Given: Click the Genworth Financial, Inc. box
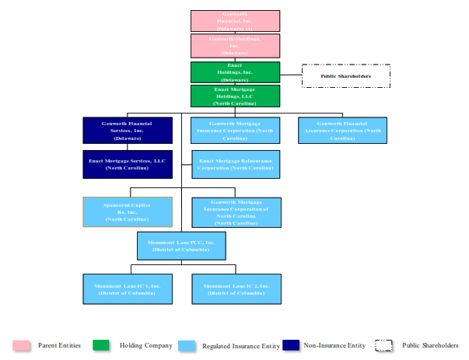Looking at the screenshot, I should [235, 21].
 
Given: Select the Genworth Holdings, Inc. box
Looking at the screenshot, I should [235, 45].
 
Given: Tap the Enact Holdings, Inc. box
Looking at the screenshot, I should [235, 72].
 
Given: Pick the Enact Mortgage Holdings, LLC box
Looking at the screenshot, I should [235, 96].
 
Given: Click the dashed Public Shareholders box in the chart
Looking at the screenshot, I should [345, 76].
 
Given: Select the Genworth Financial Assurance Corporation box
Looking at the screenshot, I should [342, 130].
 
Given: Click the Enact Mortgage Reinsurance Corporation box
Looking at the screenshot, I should [236, 164].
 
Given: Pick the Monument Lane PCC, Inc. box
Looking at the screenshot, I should [181, 246].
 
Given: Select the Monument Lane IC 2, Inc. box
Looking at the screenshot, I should [236, 288].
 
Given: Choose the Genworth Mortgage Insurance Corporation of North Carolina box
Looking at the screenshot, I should [236, 211].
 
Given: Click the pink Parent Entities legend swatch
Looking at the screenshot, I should [22, 345].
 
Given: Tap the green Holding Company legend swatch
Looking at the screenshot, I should [101, 345].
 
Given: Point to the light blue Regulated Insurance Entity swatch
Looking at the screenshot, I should [187, 345].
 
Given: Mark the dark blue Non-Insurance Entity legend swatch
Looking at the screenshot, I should [291, 345].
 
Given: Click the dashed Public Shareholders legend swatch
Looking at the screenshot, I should [384, 345].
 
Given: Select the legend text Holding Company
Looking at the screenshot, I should [145, 345].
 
